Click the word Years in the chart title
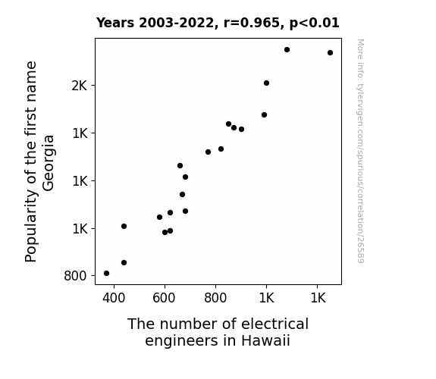tap(115, 23)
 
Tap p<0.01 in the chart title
tap(315, 23)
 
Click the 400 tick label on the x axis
tap(114, 298)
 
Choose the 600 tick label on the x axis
tap(164, 298)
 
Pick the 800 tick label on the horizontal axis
tap(215, 298)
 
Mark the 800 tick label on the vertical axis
tap(75, 276)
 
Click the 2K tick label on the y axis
tap(80, 86)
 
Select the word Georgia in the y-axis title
tap(49, 163)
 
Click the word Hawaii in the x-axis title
tap(265, 340)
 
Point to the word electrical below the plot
tap(274, 324)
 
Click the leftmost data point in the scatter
tap(106, 274)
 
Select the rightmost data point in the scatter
tap(330, 52)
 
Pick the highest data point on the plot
tap(287, 49)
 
